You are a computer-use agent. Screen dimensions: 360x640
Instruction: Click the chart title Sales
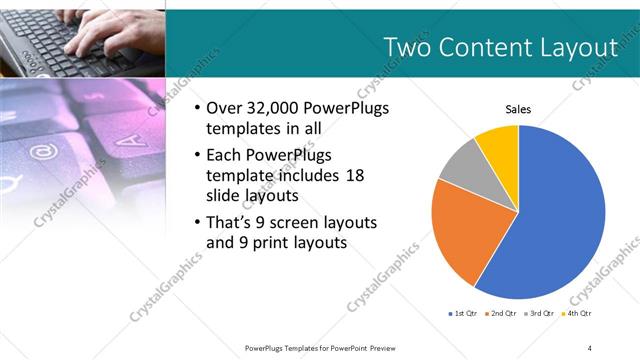tap(518, 109)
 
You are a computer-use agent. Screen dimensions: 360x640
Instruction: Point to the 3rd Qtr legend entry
tap(538, 314)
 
